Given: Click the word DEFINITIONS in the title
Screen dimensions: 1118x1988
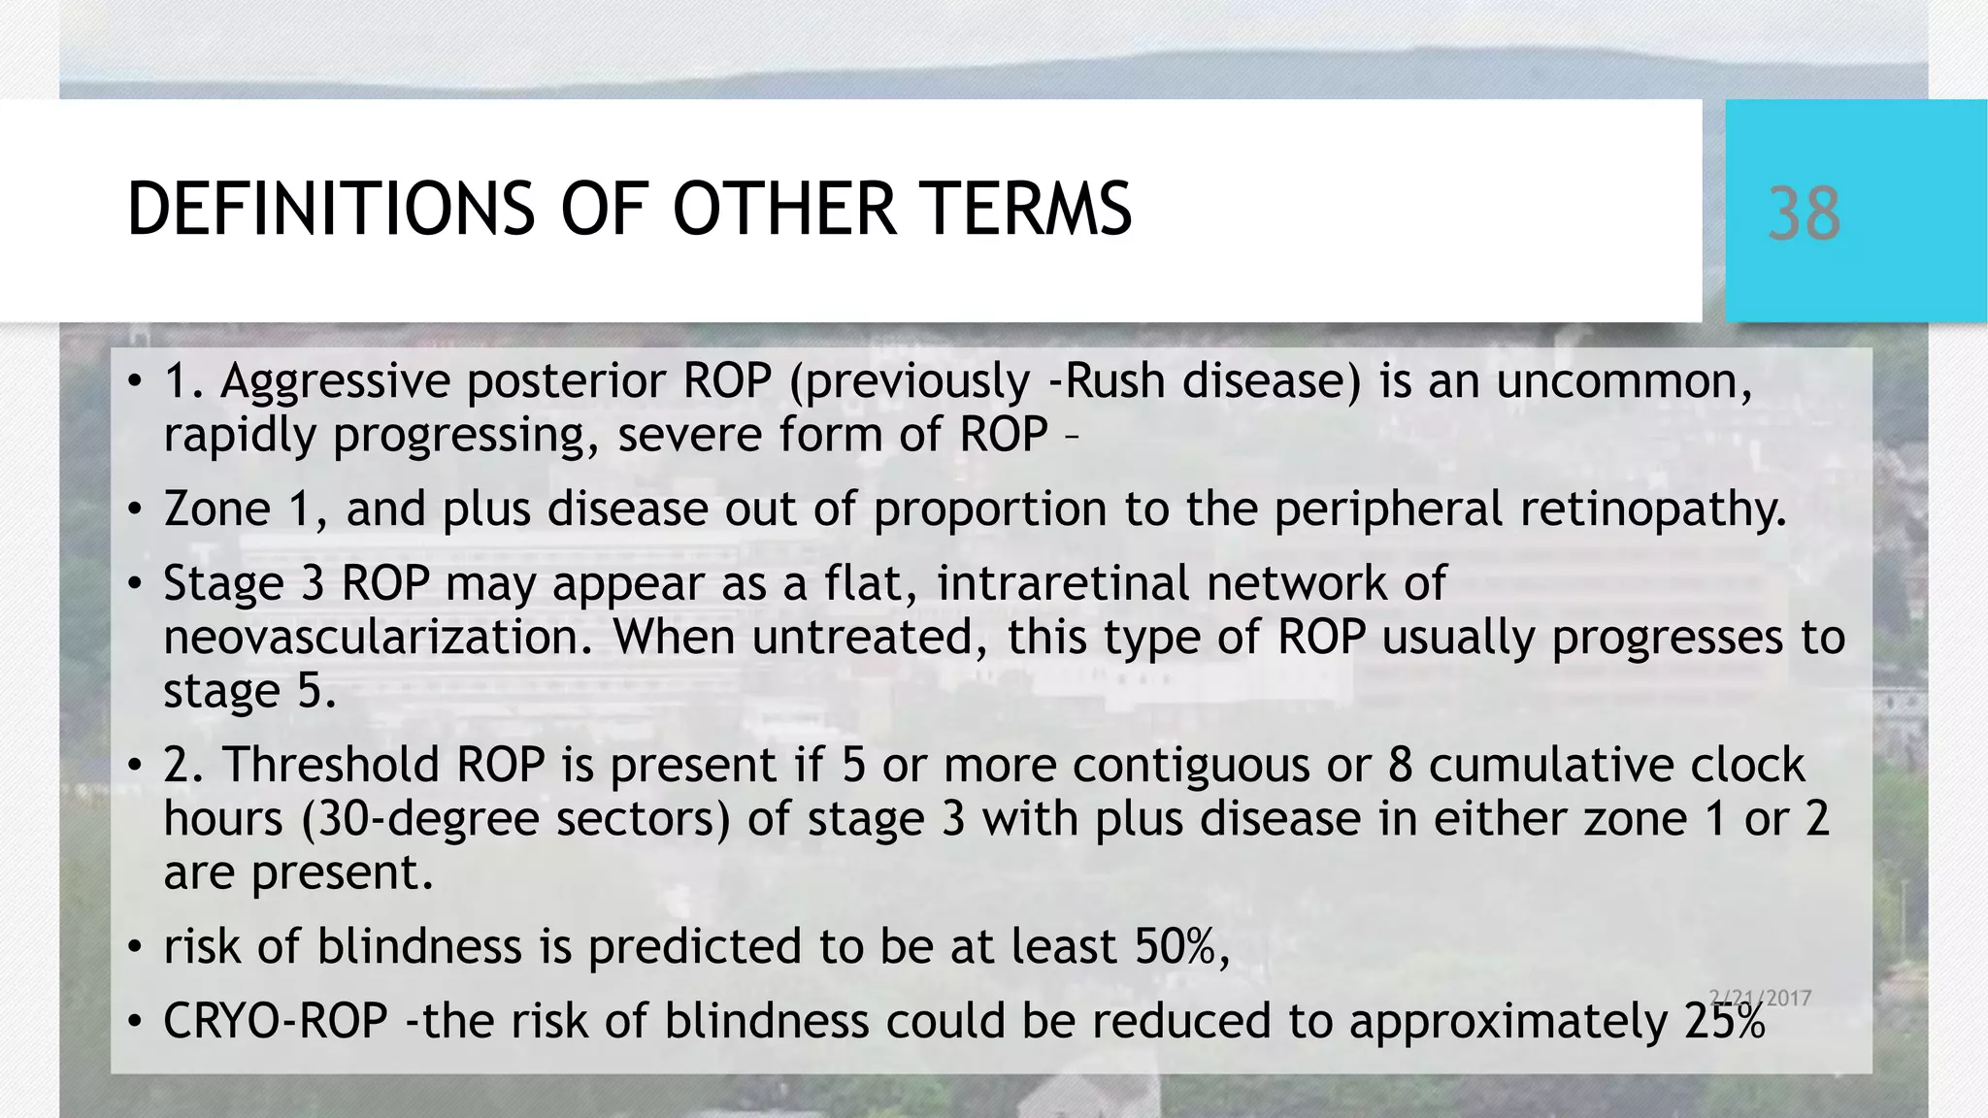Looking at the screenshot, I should click(x=330, y=209).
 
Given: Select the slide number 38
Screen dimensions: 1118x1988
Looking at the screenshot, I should click(x=1804, y=214).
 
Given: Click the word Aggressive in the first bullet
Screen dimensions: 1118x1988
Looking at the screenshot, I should click(x=335, y=381).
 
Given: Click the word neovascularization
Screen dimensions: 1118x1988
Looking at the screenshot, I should click(x=378, y=638).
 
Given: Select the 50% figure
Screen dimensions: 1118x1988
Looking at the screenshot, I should click(x=1181, y=946).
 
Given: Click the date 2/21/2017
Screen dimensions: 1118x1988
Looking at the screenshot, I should click(x=1760, y=998).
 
